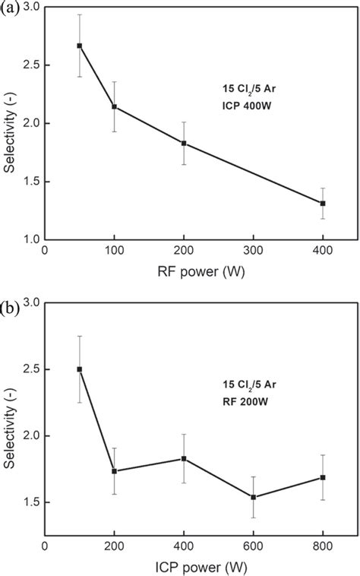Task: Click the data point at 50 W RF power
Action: pos(80,46)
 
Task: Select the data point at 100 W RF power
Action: pos(115,106)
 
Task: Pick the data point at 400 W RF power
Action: pos(323,203)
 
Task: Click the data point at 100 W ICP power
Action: pos(80,369)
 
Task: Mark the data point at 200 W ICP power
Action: pos(115,471)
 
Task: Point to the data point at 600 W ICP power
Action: pos(254,497)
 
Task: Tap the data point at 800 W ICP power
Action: pos(323,477)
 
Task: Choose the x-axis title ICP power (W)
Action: pos(201,566)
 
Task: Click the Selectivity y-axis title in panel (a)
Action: pos(10,125)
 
